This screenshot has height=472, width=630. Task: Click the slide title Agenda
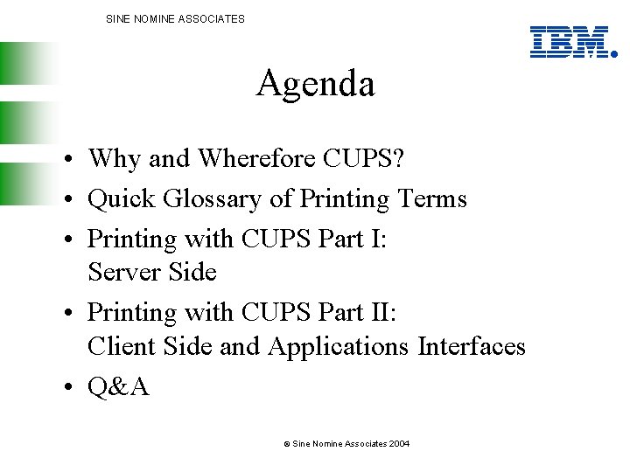tap(315, 85)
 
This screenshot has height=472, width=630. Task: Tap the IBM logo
tap(570, 42)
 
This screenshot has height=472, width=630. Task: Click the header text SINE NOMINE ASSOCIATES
tap(175, 18)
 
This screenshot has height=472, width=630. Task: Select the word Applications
tap(339, 347)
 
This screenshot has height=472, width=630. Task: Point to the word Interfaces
tap(472, 346)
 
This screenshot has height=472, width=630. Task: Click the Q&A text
tap(119, 385)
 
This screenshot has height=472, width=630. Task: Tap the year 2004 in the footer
tap(399, 444)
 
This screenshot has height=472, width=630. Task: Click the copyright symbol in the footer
tap(286, 444)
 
